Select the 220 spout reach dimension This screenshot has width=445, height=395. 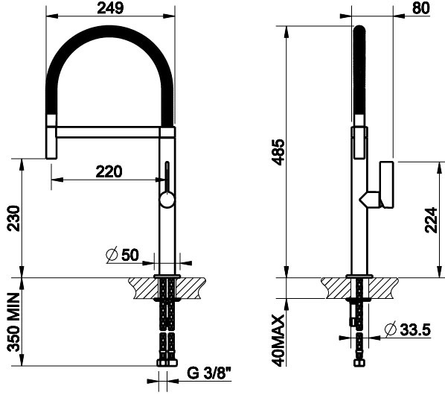(x=109, y=171)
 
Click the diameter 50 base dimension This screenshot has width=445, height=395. (x=124, y=255)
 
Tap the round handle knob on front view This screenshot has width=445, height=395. (x=167, y=199)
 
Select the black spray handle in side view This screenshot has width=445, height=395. (x=358, y=75)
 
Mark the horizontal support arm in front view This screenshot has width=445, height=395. (x=109, y=132)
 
